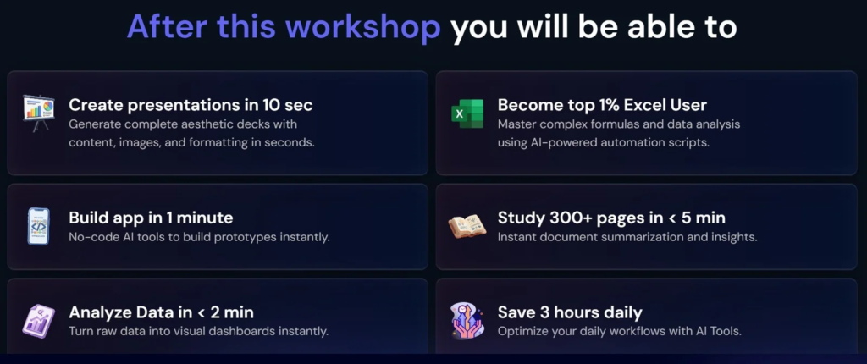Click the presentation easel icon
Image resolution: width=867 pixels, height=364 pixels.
(39, 113)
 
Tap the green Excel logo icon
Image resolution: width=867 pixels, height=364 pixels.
(467, 114)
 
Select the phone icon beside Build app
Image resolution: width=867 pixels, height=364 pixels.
(39, 226)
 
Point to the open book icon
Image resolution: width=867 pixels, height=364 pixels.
(467, 226)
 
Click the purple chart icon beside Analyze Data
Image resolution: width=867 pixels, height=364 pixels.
(39, 321)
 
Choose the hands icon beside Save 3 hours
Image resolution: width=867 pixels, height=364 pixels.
(467, 320)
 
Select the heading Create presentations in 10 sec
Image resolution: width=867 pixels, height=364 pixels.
(191, 105)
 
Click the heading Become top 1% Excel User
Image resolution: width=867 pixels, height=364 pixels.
(602, 105)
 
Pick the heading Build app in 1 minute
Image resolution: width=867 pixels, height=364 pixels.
(151, 218)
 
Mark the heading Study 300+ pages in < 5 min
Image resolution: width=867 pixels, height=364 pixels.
(611, 218)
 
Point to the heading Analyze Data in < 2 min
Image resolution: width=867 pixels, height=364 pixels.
(162, 312)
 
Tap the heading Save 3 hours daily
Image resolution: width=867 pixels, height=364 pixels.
(570, 312)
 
